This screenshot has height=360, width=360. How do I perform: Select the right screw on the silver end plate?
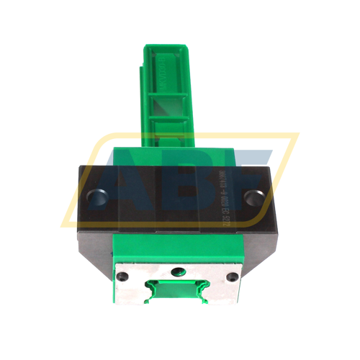(231, 276)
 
